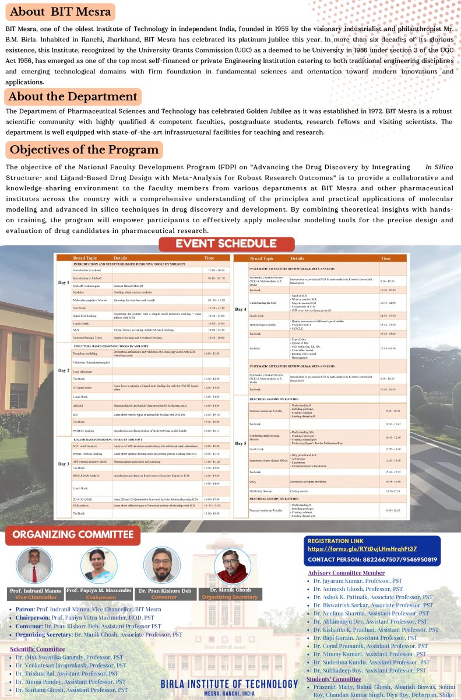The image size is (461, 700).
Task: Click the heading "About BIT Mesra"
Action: pos(60,12)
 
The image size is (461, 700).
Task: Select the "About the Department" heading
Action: pos(73,96)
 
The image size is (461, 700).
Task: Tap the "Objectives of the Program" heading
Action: pos(84,150)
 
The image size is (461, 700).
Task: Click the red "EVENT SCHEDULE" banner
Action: pos(227,244)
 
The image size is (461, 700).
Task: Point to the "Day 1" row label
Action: pos(64,283)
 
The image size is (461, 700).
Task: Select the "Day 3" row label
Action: pos(64,464)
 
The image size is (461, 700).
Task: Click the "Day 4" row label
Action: pos(241,309)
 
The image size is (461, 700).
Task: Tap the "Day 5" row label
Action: pos(241,444)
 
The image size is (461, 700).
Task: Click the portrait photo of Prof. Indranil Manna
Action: pos(34,566)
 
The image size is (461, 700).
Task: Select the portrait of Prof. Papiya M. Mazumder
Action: pos(98,566)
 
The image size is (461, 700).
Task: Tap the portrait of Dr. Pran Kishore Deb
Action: pos(161,566)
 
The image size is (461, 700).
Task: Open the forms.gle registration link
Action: pos(362,549)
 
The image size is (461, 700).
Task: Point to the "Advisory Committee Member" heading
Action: pos(346,573)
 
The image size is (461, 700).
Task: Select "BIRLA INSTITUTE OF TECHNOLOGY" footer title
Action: pos(229,684)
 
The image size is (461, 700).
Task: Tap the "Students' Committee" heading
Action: pos(334,679)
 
